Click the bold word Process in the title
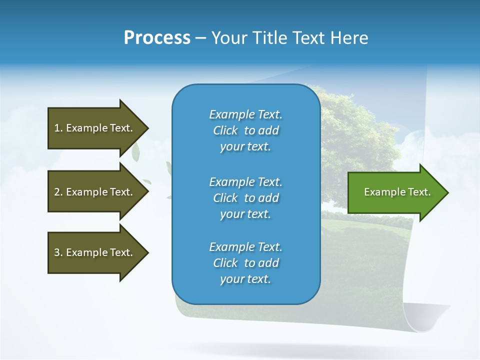point(157,38)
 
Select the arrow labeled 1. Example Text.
point(93,128)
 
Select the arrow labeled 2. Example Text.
point(93,192)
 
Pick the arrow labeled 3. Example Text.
point(93,252)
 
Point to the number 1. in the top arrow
point(58,128)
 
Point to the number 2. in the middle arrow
point(58,192)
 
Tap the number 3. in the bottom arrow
point(58,252)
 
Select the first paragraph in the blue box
point(245,130)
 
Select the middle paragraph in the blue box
point(245,198)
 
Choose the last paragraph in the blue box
point(245,263)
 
